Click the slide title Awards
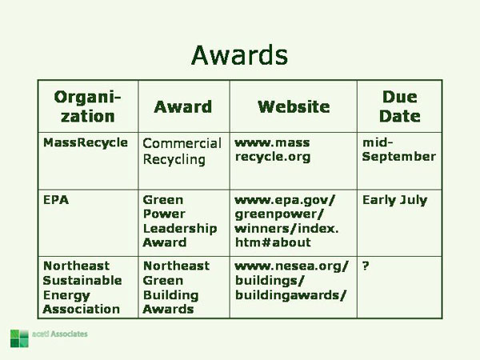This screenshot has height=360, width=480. point(239,54)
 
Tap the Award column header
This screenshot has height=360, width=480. point(183,107)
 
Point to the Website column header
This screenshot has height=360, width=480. point(294,107)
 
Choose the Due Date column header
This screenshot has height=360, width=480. point(399,106)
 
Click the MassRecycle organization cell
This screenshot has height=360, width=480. point(85,142)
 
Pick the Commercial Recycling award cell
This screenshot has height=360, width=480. point(182,151)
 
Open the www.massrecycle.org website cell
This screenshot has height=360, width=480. point(273,150)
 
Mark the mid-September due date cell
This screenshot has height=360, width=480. point(398,150)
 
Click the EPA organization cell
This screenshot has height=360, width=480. point(55,200)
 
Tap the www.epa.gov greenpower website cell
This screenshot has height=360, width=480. point(286,221)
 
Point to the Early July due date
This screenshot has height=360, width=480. point(394,200)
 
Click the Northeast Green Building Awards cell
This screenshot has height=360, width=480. point(176,286)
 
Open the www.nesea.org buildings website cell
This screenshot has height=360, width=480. point(291,279)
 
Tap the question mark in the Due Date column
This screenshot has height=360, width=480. point(366,266)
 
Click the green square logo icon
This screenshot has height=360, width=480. point(19,338)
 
